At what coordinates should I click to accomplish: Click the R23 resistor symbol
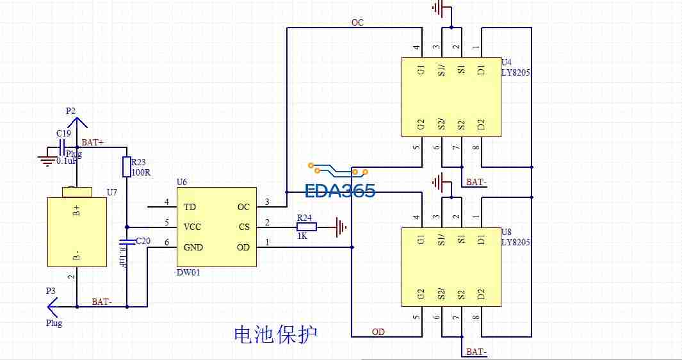127,167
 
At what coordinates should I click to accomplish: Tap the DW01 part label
189,273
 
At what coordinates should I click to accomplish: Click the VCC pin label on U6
193,227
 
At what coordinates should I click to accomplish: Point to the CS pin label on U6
243,227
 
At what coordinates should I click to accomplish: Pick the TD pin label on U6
190,208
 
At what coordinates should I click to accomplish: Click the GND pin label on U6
194,247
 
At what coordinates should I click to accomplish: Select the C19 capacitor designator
63,133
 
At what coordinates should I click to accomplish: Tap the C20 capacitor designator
143,241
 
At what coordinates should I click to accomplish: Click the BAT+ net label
93,142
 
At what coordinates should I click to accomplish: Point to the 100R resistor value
140,173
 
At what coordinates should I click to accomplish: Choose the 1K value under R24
303,236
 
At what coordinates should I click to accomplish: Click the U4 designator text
507,62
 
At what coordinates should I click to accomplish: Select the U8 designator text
507,232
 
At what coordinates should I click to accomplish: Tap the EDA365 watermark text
339,191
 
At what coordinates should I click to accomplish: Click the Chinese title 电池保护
275,334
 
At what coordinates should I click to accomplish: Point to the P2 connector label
70,111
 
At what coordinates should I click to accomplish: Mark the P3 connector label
51,291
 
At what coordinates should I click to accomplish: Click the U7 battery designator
112,192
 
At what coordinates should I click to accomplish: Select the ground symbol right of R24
340,226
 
